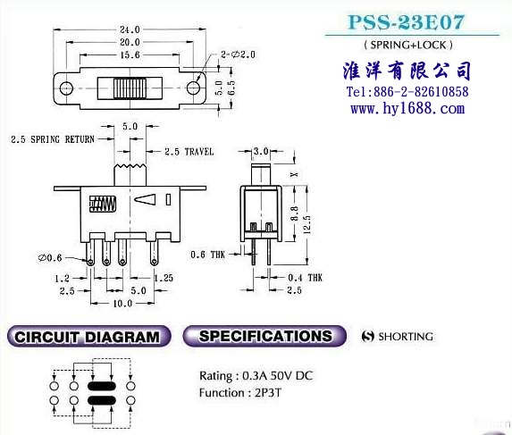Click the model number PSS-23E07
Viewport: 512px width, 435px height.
tap(406, 22)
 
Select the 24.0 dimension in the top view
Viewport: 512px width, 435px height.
tap(130, 29)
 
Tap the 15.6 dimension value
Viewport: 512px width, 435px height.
tap(130, 54)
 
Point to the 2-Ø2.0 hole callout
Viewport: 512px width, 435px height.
tap(238, 54)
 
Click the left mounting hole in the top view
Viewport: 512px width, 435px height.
tap(66, 88)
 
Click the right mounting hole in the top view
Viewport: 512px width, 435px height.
tap(193, 88)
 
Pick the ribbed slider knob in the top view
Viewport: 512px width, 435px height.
tap(130, 88)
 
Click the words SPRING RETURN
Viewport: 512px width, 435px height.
tap(63, 139)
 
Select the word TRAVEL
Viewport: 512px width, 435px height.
tap(199, 152)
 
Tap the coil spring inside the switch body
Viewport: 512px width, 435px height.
tap(102, 204)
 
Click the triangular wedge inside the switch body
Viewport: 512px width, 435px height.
tap(145, 200)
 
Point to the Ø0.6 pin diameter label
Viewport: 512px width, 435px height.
tap(50, 258)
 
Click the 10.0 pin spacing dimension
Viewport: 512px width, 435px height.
tap(122, 304)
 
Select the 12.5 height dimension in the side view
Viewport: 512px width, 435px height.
tap(306, 225)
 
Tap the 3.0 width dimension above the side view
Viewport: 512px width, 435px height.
tap(261, 151)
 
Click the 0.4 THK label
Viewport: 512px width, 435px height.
tap(305, 278)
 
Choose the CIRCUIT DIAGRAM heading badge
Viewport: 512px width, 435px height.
tap(88, 337)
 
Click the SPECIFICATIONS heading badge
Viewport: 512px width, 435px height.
tap(264, 336)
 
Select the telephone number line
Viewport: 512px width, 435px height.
tap(407, 92)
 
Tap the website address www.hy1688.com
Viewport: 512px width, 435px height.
tap(407, 108)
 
